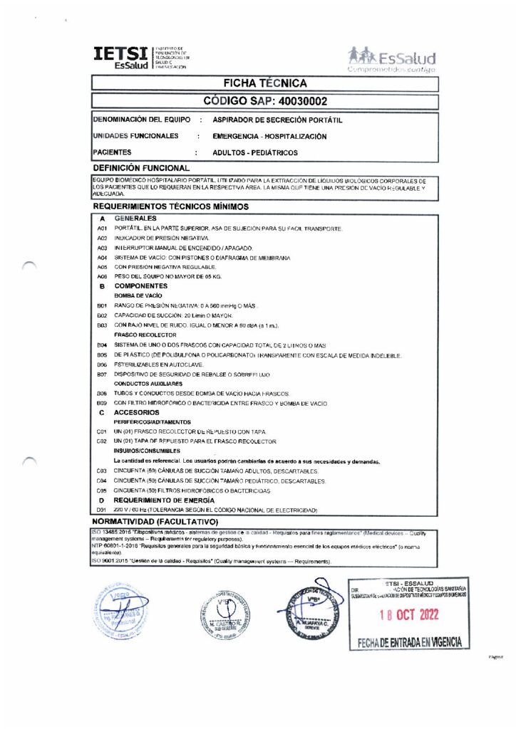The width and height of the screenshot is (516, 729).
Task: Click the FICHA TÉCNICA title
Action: (x=264, y=84)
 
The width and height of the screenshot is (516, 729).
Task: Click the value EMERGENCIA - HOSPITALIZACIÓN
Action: (x=269, y=136)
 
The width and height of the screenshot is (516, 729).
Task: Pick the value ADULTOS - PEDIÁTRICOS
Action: (x=255, y=152)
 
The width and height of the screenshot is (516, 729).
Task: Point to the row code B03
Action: (x=102, y=324)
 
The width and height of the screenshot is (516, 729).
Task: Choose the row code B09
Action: (x=102, y=403)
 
